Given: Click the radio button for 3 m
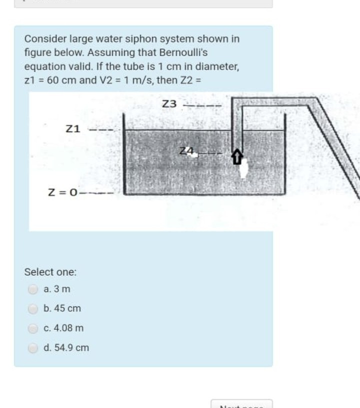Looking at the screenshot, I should coord(32,289).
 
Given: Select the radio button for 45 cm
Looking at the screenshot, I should coord(32,309).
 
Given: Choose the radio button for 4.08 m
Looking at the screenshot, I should coord(32,328).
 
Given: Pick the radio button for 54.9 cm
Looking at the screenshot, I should coord(32,348).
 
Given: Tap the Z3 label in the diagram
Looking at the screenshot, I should coord(170,104).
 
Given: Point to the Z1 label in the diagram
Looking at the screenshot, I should coord(73,129).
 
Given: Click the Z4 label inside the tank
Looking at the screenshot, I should coord(186,151).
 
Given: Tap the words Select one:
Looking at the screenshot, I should coord(50,272).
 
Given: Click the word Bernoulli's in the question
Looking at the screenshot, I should coord(182,52).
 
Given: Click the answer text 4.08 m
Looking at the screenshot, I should coord(63,328).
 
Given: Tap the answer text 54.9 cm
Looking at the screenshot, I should coord(66,348).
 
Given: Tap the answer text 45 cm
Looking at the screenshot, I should coord(62,309).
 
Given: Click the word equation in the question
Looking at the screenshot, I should coord(43,66).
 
